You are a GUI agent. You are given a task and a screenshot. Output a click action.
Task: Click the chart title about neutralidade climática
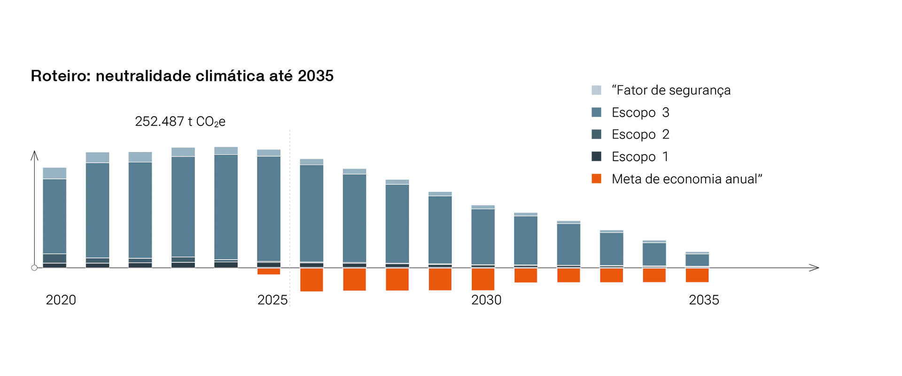(182, 76)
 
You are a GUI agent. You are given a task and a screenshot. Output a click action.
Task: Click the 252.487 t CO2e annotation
(180, 122)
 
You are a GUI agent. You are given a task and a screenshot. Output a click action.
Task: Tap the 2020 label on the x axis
(61, 300)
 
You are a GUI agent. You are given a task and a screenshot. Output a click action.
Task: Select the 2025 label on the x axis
(272, 300)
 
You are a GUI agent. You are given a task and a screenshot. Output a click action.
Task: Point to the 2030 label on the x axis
(486, 300)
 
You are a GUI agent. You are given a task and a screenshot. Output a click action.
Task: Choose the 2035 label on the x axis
(704, 300)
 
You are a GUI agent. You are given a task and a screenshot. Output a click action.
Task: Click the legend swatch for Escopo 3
(596, 112)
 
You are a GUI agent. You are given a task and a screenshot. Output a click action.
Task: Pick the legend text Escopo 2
(640, 134)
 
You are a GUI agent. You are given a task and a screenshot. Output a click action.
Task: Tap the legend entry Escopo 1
(640, 157)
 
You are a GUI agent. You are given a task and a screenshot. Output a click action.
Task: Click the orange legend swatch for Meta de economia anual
(596, 179)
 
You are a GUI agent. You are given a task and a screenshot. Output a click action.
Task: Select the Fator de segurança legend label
(671, 90)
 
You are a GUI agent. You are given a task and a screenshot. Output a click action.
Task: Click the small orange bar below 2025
(269, 271)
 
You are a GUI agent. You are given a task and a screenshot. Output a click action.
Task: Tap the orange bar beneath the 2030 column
(483, 279)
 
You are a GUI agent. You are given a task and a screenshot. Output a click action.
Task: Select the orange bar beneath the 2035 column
(697, 275)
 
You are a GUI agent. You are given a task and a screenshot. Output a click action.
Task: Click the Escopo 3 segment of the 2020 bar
(54, 216)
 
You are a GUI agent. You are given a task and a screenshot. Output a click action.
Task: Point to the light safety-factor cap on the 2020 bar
(54, 173)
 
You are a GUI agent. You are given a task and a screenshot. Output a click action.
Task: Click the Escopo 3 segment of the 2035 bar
(697, 260)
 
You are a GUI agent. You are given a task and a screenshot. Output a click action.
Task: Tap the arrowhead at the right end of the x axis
(815, 267)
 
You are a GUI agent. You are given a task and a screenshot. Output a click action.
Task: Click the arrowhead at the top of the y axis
(34, 155)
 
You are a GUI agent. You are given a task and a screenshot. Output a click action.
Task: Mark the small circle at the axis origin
(34, 268)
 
